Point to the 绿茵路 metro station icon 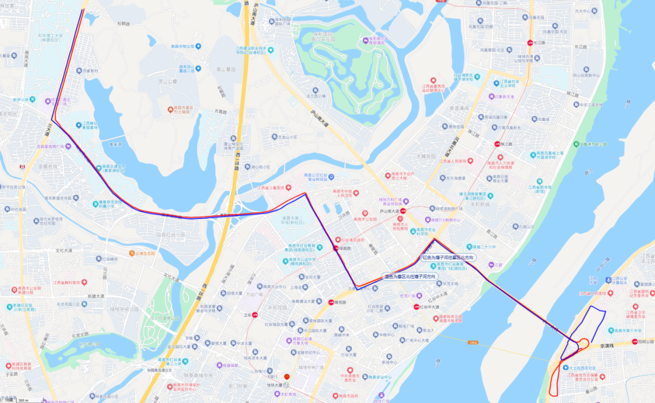(336, 248)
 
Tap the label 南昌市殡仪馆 (182, 46)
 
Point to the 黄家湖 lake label (116, 144)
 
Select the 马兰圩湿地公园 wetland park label (166, 317)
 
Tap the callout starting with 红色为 (448, 258)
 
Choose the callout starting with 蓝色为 (410, 277)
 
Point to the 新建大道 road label (95, 296)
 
